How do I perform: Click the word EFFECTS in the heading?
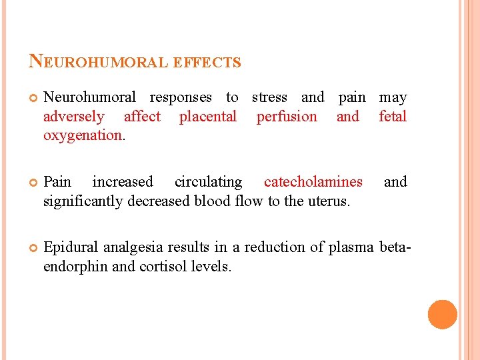[x=207, y=63]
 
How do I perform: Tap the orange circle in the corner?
[x=442, y=315]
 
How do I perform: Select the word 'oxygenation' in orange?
[x=82, y=135]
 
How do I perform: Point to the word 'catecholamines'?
[x=313, y=182]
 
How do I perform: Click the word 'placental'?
[x=207, y=117]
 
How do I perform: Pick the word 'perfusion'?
[x=287, y=117]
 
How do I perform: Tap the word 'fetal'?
[x=392, y=117]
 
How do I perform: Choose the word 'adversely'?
[x=73, y=117]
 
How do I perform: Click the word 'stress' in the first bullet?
[x=269, y=98]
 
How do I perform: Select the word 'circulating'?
[x=208, y=182]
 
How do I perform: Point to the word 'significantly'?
[x=83, y=201]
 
